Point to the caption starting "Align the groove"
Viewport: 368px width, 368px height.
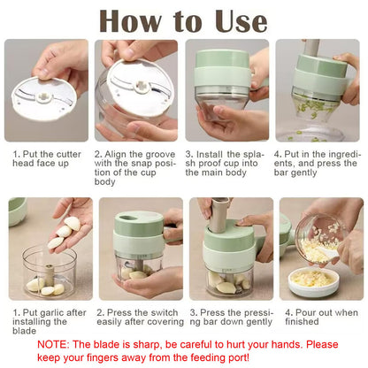point(136,168)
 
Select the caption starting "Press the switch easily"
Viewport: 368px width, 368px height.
point(136,318)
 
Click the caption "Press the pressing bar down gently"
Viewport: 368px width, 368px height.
point(226,318)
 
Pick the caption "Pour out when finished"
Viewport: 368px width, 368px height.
point(318,318)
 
